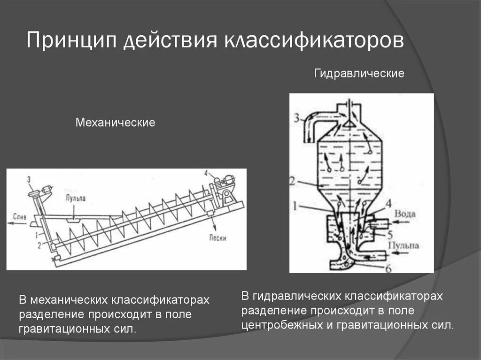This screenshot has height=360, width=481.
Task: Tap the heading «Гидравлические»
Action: tap(359, 74)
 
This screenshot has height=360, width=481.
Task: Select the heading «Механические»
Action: tap(116, 123)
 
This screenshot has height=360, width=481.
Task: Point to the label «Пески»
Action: tap(218, 238)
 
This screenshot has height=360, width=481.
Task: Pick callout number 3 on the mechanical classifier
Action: tap(29, 179)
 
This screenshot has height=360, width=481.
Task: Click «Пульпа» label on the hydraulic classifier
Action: tap(403, 245)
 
